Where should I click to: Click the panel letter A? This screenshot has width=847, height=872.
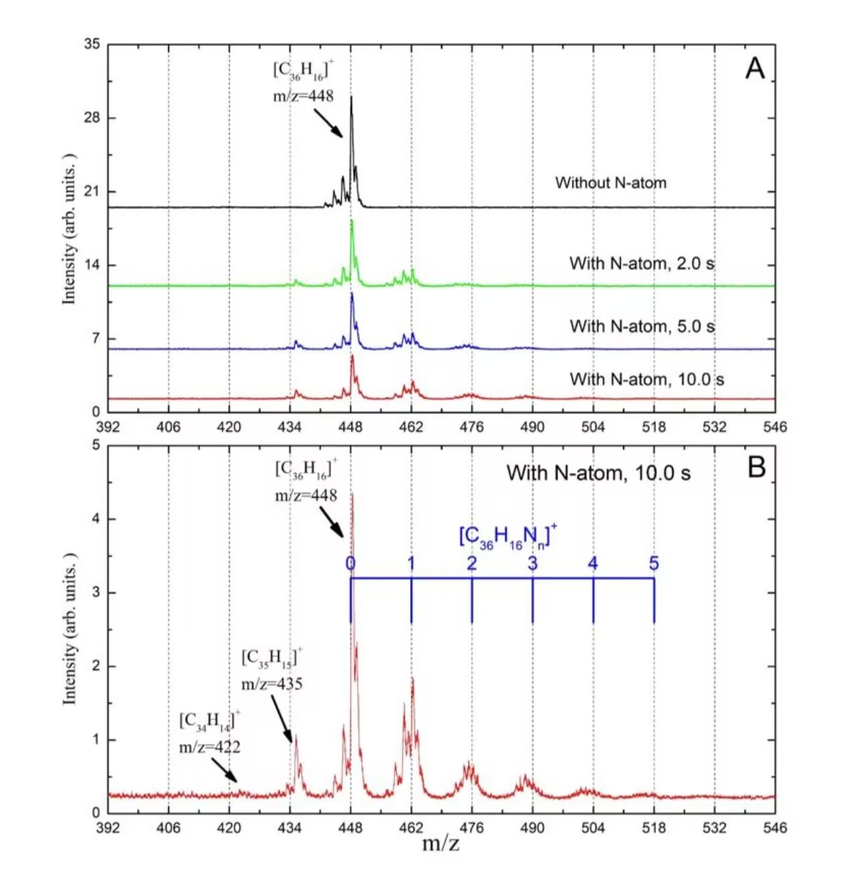[755, 68]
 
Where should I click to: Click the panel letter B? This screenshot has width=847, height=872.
[756, 467]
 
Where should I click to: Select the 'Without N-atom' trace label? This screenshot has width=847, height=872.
[610, 182]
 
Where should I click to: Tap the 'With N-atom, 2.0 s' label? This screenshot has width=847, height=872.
[641, 263]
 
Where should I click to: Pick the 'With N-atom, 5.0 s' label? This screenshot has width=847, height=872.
[642, 326]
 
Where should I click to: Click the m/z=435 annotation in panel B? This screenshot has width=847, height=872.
[272, 684]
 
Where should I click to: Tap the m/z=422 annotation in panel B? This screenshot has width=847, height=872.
[210, 747]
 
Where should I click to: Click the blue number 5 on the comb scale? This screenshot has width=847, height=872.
[653, 564]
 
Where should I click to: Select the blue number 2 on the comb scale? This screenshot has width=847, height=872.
[472, 564]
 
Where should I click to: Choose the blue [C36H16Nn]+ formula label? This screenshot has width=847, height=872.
[507, 536]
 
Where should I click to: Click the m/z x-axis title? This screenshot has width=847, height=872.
[441, 843]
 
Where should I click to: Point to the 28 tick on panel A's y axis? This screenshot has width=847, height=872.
[91, 118]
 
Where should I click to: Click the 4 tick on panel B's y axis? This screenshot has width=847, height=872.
[95, 519]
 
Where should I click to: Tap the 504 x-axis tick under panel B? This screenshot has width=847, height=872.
[593, 828]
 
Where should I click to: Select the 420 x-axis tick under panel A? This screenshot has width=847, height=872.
[229, 427]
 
